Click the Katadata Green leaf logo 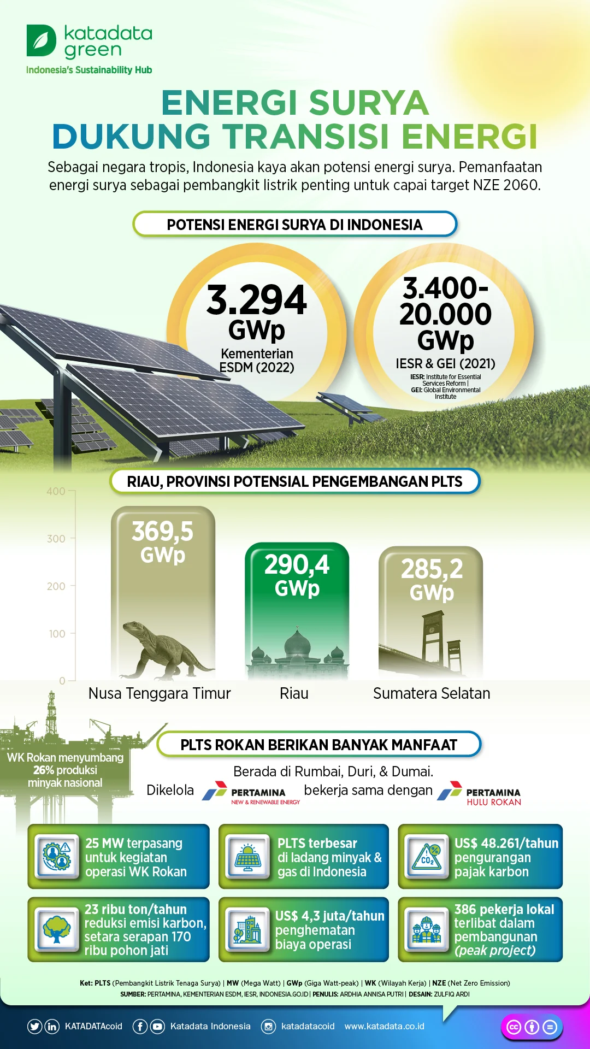42,40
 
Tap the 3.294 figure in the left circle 257,300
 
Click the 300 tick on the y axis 56,539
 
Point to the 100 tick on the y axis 57,634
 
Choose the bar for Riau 297,611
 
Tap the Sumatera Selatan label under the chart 432,693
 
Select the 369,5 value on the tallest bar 163,531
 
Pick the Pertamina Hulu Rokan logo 479,793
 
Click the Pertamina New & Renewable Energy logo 251,793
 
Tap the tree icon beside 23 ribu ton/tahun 57,929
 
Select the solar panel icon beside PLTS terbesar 248,856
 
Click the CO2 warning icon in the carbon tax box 427,856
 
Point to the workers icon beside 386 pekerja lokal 427,929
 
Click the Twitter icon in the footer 34,1027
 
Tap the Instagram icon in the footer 268,1027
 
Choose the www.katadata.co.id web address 384,1027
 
